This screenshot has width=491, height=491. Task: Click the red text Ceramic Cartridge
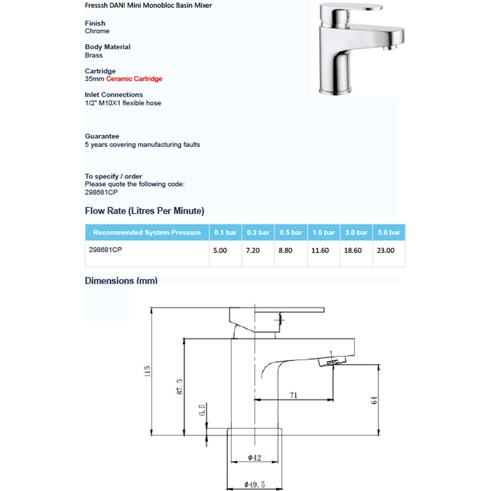(x=134, y=79)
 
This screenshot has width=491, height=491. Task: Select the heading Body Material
(x=108, y=47)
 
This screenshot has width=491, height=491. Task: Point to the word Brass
(x=94, y=55)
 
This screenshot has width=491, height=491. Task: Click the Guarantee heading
(x=102, y=136)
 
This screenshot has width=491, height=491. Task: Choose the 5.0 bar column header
(x=389, y=233)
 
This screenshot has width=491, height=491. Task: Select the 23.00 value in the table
(x=385, y=250)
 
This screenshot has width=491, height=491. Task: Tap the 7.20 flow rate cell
(x=253, y=250)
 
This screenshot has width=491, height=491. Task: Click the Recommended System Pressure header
(x=147, y=233)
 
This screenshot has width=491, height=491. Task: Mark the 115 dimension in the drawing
(x=147, y=372)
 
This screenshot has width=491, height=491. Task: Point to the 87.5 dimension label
(x=180, y=386)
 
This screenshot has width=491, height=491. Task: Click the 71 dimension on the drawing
(x=294, y=395)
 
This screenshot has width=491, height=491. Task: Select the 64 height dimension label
(x=374, y=400)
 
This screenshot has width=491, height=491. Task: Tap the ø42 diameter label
(x=254, y=458)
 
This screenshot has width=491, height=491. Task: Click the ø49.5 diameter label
(x=254, y=485)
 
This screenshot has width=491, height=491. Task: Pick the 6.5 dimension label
(x=202, y=410)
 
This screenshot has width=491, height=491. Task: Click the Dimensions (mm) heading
(x=121, y=281)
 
